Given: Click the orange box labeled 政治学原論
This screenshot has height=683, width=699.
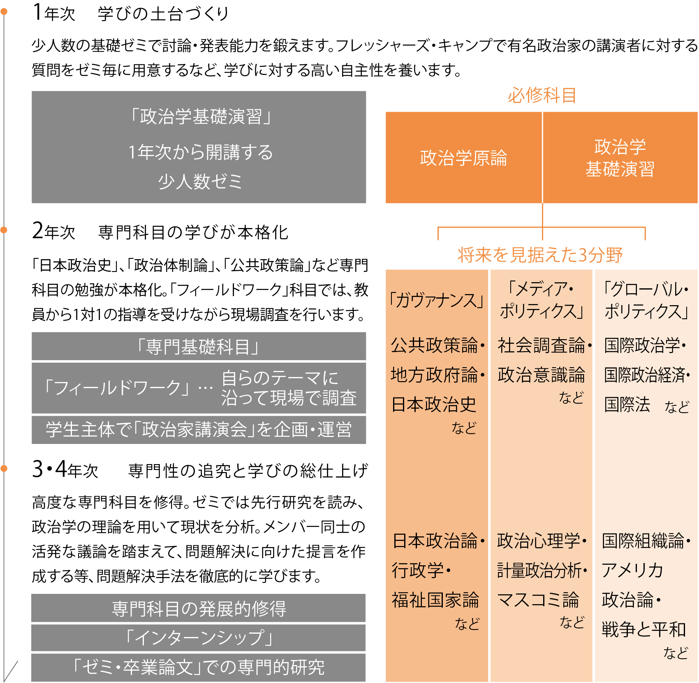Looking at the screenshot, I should point(463,158).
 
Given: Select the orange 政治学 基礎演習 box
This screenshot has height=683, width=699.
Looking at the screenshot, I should point(620,158).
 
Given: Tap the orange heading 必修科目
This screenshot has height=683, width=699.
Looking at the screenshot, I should point(542,96).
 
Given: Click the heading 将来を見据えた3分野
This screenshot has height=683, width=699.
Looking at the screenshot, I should point(540,255).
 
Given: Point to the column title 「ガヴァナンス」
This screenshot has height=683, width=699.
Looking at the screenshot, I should point(436,301).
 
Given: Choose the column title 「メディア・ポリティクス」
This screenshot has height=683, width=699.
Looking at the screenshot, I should point(541,300).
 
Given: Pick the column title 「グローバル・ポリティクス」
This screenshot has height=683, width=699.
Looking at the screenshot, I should point(646,300).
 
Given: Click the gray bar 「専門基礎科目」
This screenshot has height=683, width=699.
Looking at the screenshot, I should point(199,347).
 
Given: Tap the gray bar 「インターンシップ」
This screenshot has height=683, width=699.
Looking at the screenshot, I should point(199,637).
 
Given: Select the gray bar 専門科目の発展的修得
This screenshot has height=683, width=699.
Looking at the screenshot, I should point(199,608).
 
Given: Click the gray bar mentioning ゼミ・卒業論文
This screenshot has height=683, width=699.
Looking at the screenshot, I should point(199,667).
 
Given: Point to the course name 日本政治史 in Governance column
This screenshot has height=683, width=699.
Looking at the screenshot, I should point(434,405).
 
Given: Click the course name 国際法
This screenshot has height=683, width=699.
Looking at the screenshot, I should point(627,405).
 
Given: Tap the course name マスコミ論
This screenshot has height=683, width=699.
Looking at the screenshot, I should point(538,600).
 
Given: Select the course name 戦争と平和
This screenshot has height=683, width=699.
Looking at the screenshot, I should point(643,629).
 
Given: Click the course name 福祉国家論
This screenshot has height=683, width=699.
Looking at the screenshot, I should point(435,600).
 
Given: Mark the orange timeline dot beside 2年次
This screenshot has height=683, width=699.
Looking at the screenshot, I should point(4,230).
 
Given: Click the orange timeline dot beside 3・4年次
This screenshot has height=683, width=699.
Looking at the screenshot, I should point(4,468).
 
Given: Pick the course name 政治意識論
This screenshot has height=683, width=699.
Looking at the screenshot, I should point(541,375).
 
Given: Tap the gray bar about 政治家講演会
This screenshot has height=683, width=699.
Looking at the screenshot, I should point(199,430).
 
